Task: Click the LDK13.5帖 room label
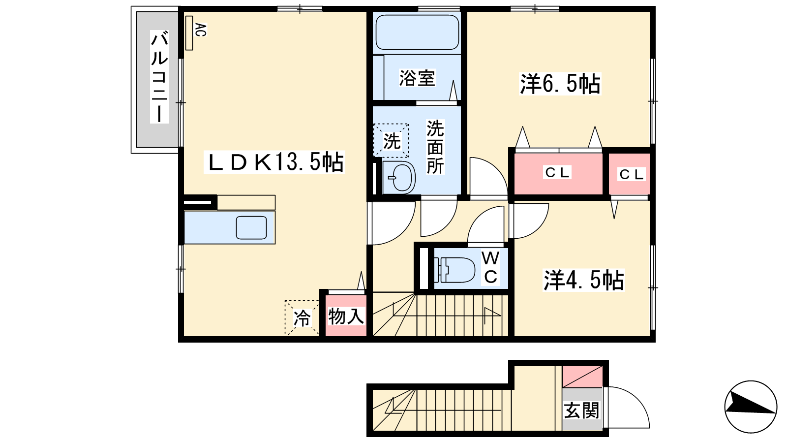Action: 274,162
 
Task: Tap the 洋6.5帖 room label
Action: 560,84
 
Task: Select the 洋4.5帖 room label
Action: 583,280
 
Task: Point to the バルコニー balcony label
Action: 159,77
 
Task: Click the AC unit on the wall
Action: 189,32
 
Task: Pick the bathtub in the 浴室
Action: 417,32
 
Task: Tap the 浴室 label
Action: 417,78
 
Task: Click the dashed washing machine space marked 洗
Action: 391,140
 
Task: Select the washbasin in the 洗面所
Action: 399,178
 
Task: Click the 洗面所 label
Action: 435,147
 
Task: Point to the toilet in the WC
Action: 454,270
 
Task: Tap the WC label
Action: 490,268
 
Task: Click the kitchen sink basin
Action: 251,228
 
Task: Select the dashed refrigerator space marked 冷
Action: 302,317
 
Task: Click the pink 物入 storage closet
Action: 346,316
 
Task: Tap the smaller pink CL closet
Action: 629,174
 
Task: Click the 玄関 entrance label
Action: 581,410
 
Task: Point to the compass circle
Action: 751,407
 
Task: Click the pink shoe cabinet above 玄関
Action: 582,377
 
